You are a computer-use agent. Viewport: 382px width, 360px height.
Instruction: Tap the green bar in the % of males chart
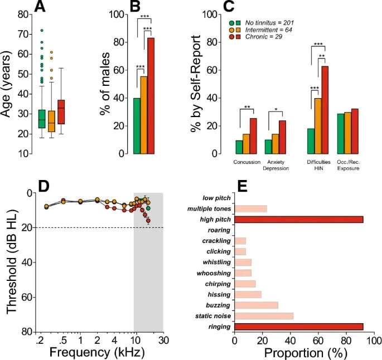(x=136, y=126)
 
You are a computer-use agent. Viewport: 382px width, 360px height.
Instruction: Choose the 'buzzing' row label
(x=217, y=305)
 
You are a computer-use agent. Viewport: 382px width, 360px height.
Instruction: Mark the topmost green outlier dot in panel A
(x=41, y=30)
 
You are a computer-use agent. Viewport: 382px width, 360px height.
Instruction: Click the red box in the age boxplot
(x=61, y=112)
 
